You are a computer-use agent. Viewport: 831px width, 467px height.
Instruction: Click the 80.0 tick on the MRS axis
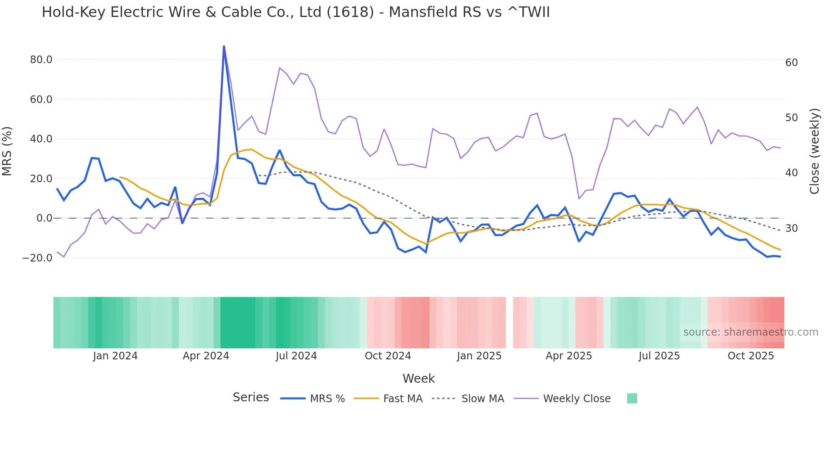41,60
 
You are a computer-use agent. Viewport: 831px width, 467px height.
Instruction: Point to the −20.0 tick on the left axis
37,258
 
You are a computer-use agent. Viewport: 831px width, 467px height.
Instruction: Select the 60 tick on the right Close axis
792,63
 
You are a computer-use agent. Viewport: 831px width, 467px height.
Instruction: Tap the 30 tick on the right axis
792,228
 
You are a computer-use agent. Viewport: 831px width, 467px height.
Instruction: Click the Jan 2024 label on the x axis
115,356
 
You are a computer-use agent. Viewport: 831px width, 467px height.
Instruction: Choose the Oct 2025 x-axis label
750,356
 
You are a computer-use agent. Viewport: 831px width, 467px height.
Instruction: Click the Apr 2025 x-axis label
569,356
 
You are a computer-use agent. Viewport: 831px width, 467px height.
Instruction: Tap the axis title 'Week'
418,378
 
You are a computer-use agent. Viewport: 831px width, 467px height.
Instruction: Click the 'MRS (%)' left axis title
7,151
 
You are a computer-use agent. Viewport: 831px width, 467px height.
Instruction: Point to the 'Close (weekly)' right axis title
814,151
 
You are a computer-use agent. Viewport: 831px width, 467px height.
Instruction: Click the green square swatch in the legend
632,398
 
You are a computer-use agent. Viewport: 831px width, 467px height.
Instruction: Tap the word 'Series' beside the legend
251,398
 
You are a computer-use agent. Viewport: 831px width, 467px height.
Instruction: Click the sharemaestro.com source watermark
750,332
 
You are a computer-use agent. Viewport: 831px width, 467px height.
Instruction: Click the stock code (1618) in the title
350,12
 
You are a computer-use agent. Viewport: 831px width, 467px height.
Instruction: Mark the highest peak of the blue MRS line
224,46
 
